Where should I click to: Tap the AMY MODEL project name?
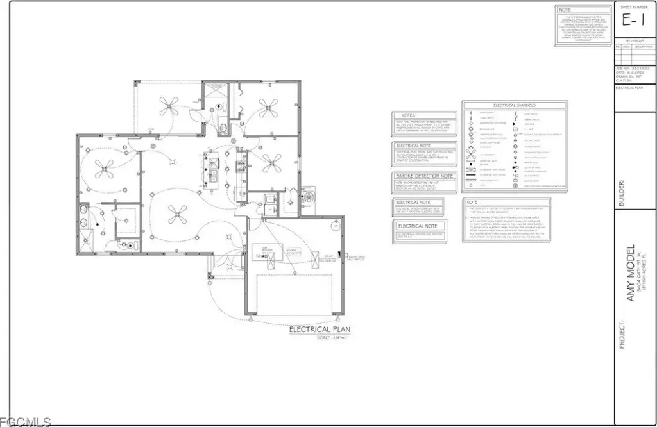pos(630,272)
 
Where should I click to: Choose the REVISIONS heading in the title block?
pos(635,40)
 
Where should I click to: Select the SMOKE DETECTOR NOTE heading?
pos(425,176)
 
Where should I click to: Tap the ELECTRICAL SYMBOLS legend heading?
pos(514,105)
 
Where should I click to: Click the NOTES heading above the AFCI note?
pos(408,116)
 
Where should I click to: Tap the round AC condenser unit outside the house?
pos(309,196)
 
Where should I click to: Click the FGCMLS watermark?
pos(26,421)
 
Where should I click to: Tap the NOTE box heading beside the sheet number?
pos(565,10)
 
